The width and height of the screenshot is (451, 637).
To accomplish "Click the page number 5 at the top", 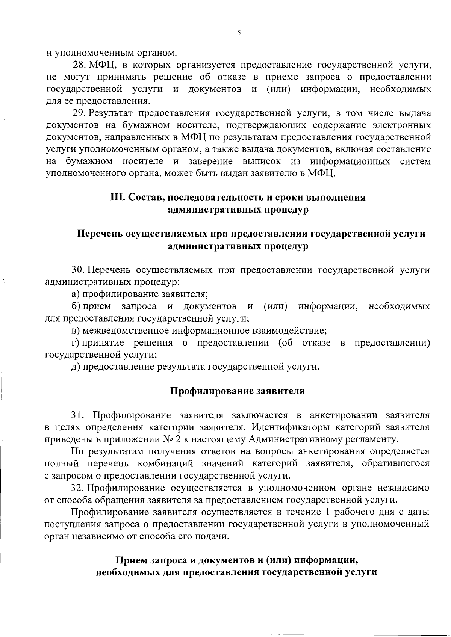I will [239, 33].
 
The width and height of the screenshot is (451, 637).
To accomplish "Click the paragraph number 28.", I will [79, 65].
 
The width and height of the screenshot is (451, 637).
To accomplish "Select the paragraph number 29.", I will [79, 113].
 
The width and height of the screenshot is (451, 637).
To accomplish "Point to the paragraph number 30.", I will [79, 270].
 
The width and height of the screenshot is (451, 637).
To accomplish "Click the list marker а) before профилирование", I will [76, 294].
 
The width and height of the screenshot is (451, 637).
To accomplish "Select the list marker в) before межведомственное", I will [76, 331].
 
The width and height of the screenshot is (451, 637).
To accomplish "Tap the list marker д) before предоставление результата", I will [76, 367].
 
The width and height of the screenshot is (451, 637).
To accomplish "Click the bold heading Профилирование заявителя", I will [238, 391].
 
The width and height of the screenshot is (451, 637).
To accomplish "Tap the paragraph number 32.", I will [79, 488].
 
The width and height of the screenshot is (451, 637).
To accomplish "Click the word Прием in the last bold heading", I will [131, 560].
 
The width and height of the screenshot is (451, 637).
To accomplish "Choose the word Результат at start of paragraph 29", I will [111, 113].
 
